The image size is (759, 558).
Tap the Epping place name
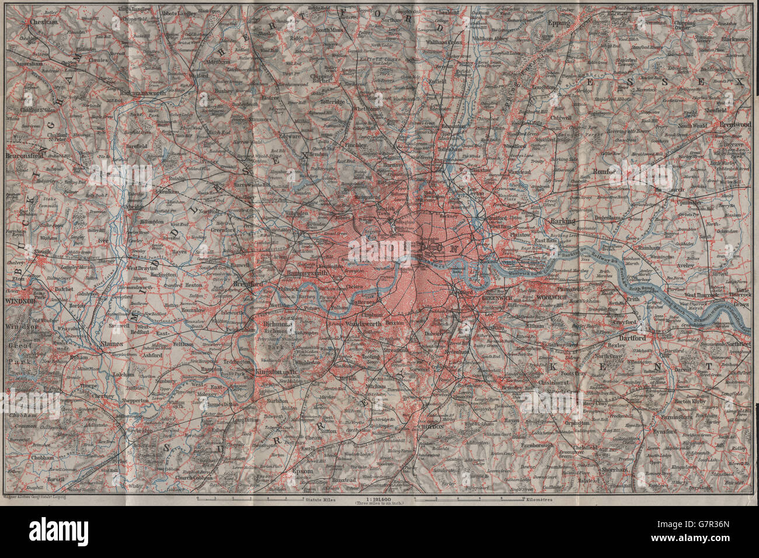[558, 23]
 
